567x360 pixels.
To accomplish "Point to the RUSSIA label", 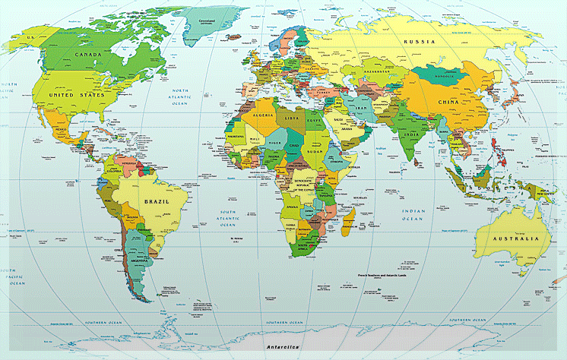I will pos(420,41).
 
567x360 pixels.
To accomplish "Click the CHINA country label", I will pos(448,102).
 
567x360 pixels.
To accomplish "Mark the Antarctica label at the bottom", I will pos(283,347).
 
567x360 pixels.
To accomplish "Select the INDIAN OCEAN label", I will pos(412,214).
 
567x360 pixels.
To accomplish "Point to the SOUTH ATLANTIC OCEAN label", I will pos(228,218).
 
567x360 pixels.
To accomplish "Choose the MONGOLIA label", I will pos(442,76).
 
